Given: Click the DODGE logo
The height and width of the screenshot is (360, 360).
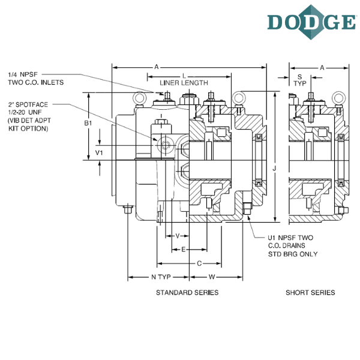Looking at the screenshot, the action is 312,22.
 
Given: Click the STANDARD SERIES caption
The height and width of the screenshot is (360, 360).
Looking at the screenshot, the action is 187,293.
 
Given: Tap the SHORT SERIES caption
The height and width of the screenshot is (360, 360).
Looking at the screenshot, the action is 310,293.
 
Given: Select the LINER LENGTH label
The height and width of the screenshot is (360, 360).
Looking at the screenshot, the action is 184,83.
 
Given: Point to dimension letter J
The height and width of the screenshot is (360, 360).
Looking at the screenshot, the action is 274,169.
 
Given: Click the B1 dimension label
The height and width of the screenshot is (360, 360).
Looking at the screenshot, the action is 88,123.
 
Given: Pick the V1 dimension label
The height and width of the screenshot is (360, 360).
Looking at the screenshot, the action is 99,152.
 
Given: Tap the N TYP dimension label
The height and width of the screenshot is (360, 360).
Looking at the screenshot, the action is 161,277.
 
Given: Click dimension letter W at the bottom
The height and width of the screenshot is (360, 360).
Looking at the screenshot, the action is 212,277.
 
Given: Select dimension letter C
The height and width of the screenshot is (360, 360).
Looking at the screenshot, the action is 199,263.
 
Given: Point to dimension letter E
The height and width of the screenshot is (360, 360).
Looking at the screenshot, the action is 183,250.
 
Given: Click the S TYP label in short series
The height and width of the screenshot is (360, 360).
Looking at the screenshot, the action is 300,80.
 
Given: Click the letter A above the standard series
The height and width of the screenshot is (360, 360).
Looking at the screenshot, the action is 157,67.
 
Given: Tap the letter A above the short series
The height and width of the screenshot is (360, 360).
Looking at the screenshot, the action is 322,68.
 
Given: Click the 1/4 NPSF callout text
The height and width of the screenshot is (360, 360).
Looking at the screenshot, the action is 23,74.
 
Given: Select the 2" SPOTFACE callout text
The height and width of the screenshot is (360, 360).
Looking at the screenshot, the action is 28,104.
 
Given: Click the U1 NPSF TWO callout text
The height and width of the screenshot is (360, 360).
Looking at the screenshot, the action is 290,238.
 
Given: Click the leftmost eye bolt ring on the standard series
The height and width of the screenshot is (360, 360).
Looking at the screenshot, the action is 139,98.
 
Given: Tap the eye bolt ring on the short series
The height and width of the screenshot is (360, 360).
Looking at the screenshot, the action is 339,98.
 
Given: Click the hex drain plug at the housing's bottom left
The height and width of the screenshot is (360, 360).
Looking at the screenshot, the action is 128,209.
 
